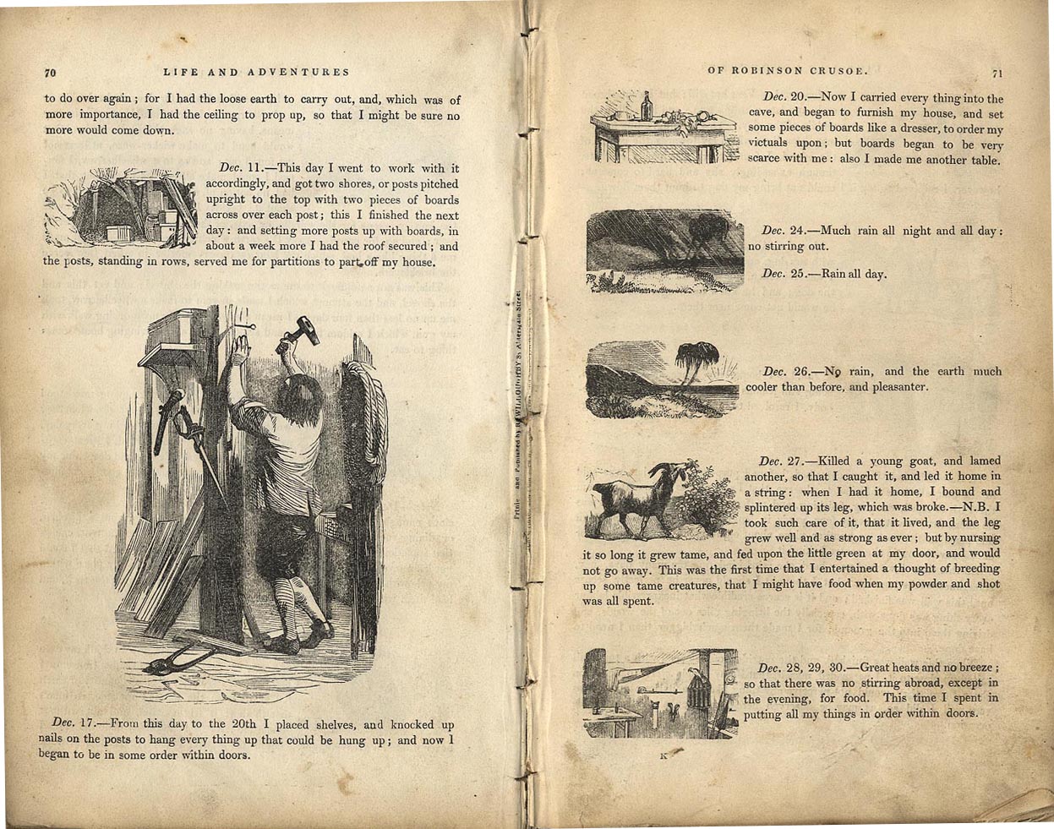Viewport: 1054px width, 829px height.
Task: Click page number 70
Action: pyautogui.click(x=50, y=73)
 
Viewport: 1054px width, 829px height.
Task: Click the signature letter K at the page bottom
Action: pyautogui.click(x=664, y=755)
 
